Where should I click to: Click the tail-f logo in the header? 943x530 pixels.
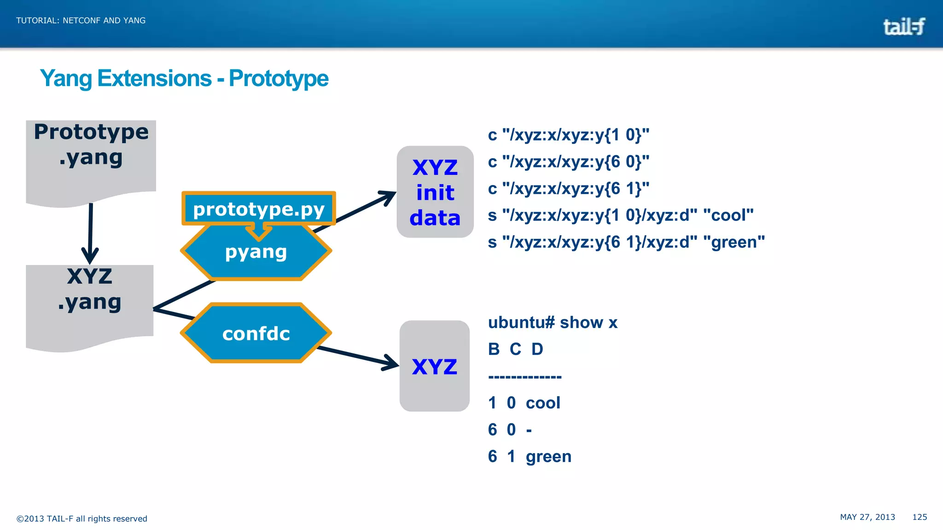[903, 27]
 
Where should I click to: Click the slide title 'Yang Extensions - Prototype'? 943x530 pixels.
[184, 78]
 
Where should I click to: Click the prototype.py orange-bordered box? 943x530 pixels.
[259, 209]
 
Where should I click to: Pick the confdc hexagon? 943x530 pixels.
[256, 333]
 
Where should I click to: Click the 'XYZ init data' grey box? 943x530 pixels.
[435, 192]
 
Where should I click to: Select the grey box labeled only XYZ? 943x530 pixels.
[434, 366]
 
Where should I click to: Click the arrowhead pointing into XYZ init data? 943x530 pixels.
[390, 196]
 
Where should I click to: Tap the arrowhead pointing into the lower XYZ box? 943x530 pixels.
[392, 363]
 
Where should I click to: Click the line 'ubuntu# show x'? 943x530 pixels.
[553, 323]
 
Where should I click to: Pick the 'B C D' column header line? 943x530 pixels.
[516, 349]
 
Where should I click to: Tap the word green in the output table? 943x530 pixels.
[548, 456]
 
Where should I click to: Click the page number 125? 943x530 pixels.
[920, 517]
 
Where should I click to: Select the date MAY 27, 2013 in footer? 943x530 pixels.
[867, 517]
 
